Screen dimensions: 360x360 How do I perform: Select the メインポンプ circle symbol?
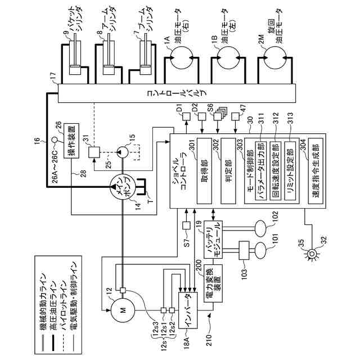coord(121,188)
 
